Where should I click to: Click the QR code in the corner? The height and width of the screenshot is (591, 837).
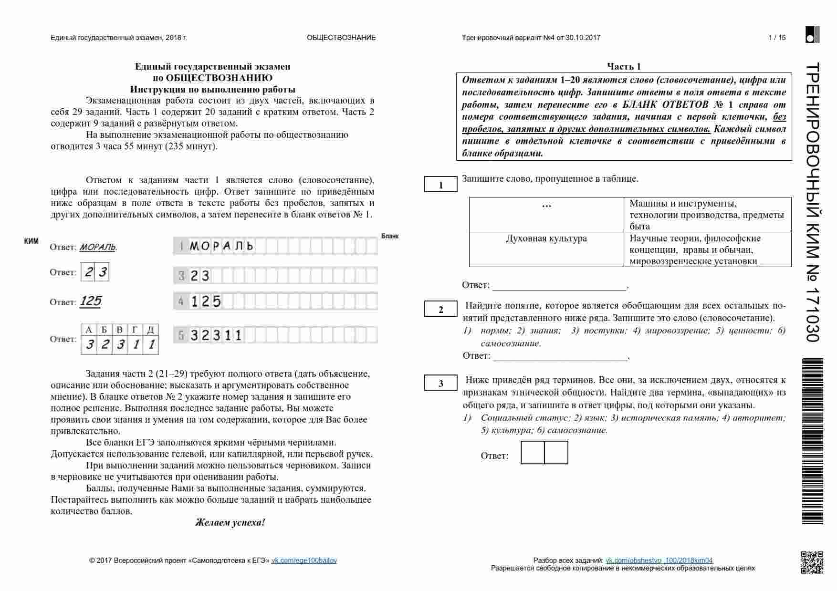pos(811,562)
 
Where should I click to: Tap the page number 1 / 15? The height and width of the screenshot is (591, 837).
pos(777,38)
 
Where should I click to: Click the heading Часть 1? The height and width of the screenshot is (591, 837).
pos(624,66)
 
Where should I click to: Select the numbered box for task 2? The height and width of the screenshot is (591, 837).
pos(440,310)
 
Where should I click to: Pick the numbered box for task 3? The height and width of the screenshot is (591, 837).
pos(440,384)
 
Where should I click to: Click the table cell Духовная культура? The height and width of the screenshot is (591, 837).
pos(546,238)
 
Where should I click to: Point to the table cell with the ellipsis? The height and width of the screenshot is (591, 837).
pos(546,206)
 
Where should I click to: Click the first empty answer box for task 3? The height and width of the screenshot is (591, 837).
pos(533,452)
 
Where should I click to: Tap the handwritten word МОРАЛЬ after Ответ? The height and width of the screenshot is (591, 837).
pos(97,247)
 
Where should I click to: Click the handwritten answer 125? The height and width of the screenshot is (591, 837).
pos(90,301)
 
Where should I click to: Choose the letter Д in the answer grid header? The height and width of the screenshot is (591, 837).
pos(150,330)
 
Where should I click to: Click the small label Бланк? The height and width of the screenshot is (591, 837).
pos(390,236)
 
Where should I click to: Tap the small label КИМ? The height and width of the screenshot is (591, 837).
pos(31,241)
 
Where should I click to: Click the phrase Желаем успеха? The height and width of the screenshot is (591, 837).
pos(230,522)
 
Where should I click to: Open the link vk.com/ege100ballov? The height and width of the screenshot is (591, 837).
pos(304,560)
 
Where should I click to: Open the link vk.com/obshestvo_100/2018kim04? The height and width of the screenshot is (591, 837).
pos(659,560)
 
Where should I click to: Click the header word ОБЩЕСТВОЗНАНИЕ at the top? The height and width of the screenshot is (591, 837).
pos(341,38)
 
